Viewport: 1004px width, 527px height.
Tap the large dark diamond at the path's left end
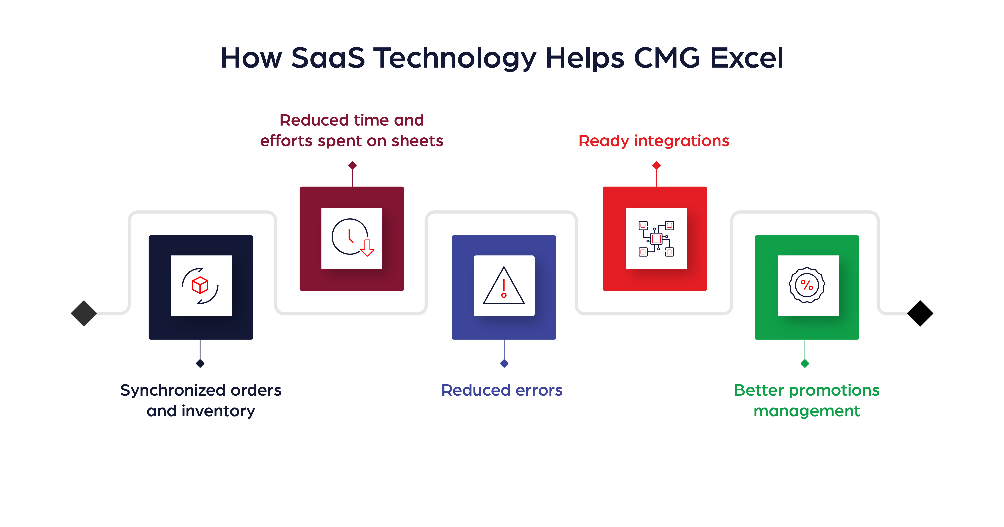(x=84, y=313)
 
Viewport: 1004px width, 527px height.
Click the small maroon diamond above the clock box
(x=352, y=165)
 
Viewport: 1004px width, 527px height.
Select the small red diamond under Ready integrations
(x=656, y=165)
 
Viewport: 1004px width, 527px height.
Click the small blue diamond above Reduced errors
(x=504, y=364)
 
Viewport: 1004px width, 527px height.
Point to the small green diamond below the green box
(x=805, y=364)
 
